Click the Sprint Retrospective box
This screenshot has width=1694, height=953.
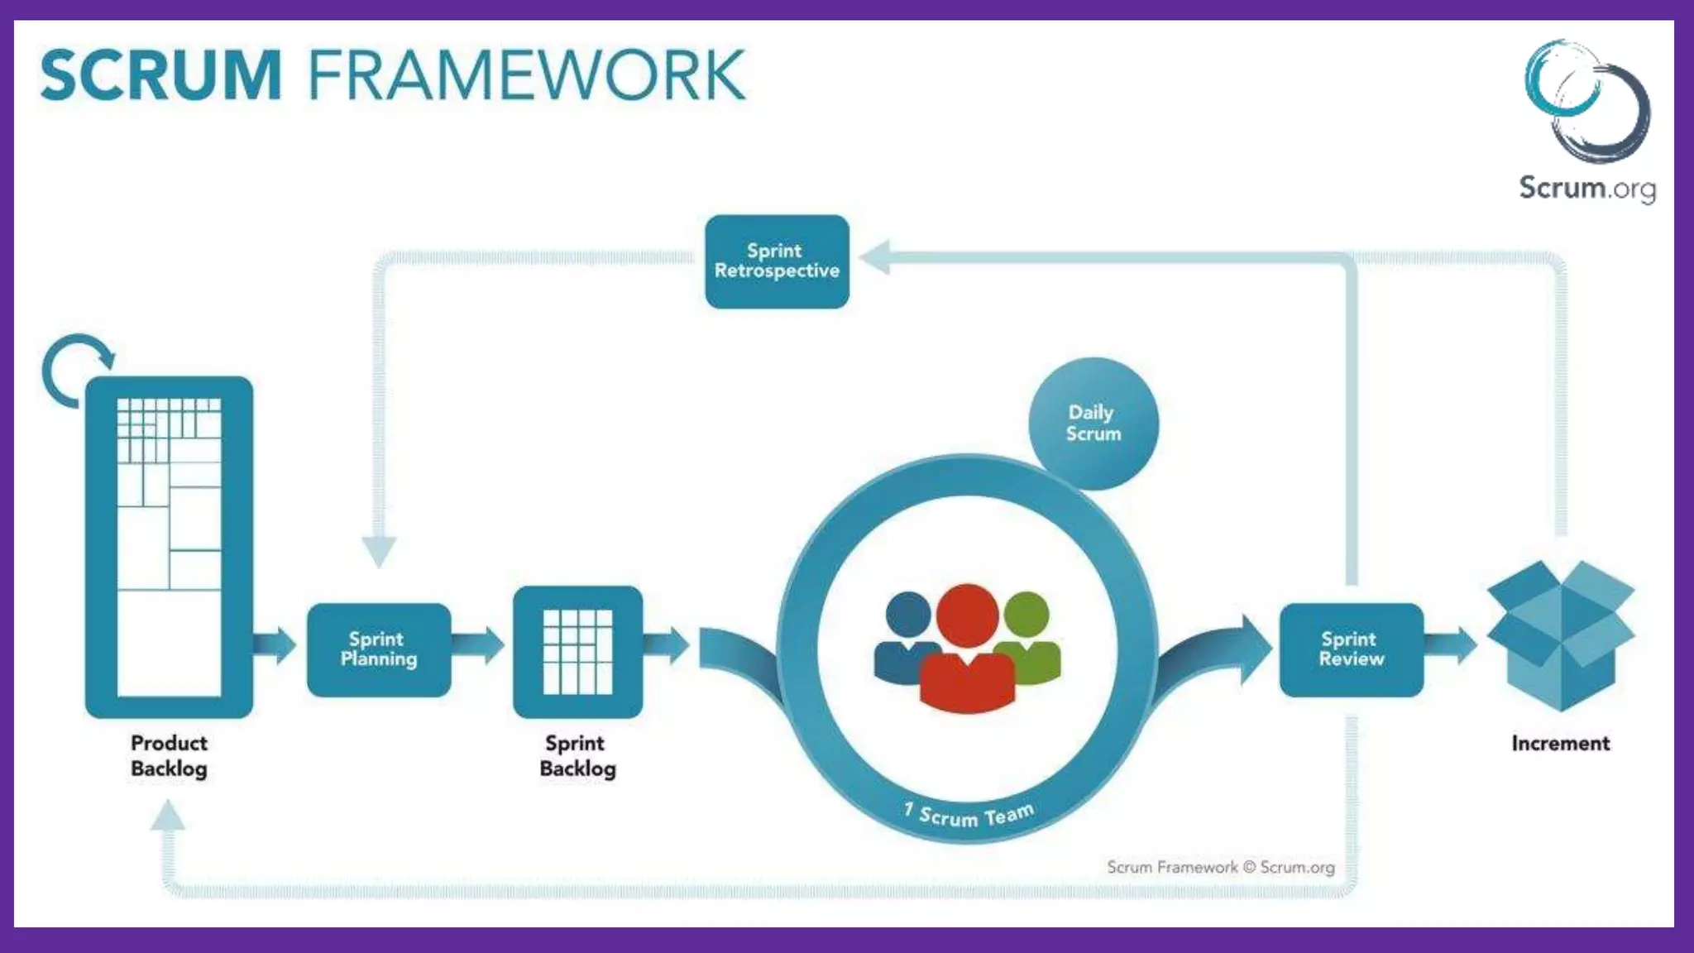click(777, 261)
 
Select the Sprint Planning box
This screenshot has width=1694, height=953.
click(379, 649)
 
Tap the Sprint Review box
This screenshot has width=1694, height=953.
click(1351, 649)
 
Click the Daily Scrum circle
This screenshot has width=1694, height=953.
click(1093, 423)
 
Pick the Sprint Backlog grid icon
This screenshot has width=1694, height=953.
click(577, 652)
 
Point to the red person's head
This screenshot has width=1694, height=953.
click(967, 615)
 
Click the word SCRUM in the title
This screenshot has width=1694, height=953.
click(161, 75)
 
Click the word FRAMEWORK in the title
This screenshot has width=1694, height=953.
click(526, 75)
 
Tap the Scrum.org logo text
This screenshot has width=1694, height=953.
click(1586, 188)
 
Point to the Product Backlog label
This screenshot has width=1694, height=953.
click(169, 755)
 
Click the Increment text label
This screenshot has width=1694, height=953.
click(1560, 743)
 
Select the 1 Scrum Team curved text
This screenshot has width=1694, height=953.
click(969, 815)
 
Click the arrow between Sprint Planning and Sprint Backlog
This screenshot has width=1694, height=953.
click(478, 645)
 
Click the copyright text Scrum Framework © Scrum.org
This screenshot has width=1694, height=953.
click(1220, 867)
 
